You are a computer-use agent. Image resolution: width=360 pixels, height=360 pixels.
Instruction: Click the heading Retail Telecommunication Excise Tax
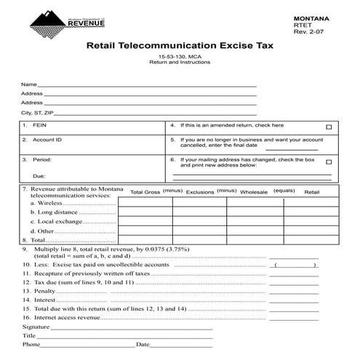179,45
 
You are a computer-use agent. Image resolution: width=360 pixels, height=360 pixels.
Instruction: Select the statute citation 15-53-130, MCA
179,57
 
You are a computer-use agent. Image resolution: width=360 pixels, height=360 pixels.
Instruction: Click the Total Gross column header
145,192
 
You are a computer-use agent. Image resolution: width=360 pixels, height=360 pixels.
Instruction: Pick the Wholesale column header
254,192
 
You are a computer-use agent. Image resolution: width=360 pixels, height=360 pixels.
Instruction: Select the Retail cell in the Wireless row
312,203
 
